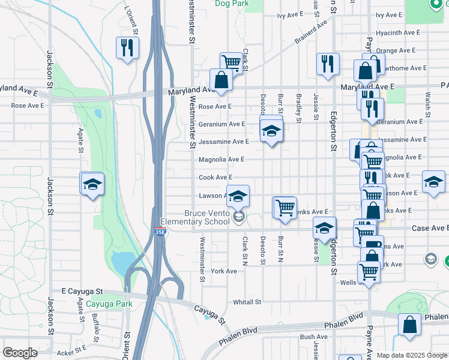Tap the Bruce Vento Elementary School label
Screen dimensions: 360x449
click(x=207, y=217)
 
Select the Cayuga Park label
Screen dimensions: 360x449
click(x=108, y=304)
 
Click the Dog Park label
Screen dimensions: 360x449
click(x=232, y=4)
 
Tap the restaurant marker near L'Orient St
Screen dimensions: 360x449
click(x=127, y=47)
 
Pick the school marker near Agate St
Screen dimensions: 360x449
click(x=92, y=184)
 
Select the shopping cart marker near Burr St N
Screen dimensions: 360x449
click(x=285, y=208)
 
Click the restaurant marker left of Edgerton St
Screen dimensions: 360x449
click(x=327, y=64)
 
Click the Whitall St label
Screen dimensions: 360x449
click(x=247, y=302)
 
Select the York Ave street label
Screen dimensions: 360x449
click(x=224, y=271)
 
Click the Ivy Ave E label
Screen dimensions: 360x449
click(x=389, y=15)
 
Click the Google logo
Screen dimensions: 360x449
click(x=20, y=353)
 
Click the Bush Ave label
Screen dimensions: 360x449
click(x=313, y=337)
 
